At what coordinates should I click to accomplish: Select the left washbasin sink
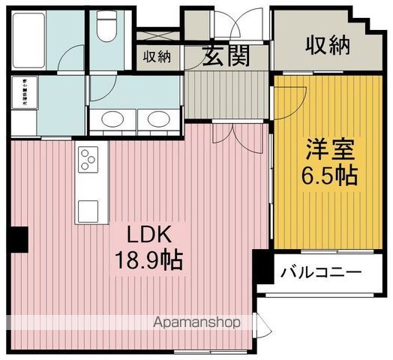tap(114, 119)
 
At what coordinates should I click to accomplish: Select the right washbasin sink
tap(157, 119)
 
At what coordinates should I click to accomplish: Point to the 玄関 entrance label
tap(224, 56)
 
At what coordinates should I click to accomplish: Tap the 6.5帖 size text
tap(329, 176)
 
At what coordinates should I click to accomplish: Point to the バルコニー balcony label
tap(322, 272)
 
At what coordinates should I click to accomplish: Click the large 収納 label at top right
tap(328, 46)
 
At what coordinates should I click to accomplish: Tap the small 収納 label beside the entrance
tap(157, 56)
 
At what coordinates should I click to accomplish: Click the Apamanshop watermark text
tap(196, 323)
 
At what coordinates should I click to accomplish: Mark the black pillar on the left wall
tap(18, 239)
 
